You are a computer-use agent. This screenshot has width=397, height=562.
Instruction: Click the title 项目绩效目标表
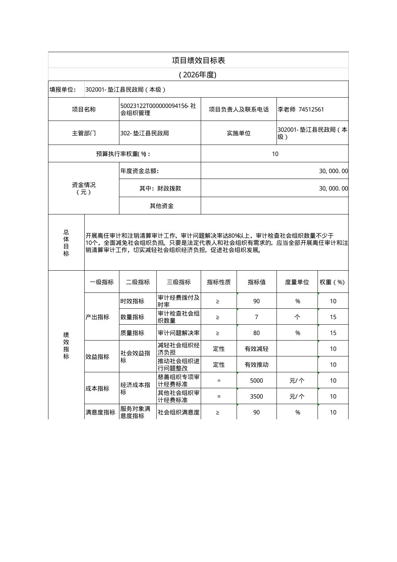pos(198,60)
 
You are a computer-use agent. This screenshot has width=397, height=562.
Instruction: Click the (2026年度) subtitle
pos(198,75)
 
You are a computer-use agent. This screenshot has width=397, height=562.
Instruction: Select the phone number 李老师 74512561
pos(301,109)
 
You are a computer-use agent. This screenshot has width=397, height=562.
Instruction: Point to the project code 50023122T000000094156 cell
pos(159,109)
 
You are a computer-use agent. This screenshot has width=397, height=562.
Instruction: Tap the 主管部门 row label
pos(84,133)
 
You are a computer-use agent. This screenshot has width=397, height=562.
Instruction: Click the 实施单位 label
pos(238,133)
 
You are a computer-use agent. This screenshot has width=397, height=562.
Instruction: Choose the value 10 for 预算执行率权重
pos(275,154)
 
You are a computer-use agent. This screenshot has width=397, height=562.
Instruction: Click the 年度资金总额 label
pos(139,171)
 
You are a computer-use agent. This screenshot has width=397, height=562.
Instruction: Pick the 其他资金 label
pos(162,206)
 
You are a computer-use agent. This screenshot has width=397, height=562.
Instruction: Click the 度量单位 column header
pos(297,282)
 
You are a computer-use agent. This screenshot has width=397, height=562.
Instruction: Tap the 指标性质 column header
pos(218,282)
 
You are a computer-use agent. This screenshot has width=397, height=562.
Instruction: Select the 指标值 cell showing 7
pos(257,317)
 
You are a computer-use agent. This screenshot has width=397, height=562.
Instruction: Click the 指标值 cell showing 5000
pos(257,380)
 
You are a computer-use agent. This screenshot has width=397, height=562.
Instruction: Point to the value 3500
pos(257,396)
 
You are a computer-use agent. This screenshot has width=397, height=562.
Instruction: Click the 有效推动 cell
pos(257,365)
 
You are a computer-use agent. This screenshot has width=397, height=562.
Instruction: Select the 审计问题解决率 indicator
pos(179,333)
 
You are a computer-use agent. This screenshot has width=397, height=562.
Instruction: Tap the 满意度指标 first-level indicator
pos(100,412)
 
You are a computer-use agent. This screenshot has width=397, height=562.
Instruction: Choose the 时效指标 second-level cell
pos(132,301)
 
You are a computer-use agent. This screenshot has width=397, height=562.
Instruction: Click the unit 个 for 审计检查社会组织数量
pos(297,317)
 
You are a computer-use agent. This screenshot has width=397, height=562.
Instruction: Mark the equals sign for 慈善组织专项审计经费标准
pos(219,380)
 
